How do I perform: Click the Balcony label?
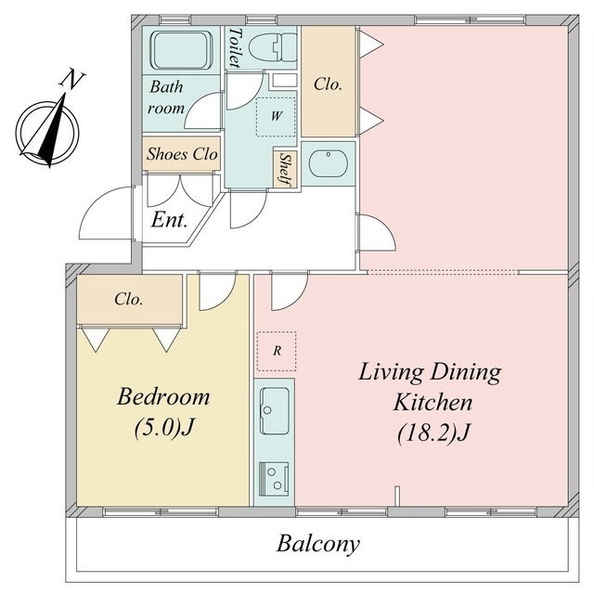[x=317, y=545]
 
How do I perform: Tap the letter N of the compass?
[x=71, y=79]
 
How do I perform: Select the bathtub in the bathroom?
[x=181, y=50]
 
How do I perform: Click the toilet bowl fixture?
[x=273, y=47]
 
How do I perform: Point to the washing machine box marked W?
[x=276, y=116]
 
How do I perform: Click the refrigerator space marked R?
[x=277, y=351]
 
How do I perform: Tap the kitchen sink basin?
[x=275, y=411]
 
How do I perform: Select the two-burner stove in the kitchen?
[x=274, y=479]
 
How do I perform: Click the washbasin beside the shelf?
[x=328, y=163]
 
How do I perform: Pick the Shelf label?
[x=286, y=169]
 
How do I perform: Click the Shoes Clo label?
[x=182, y=154]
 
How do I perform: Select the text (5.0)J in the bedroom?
[x=164, y=427]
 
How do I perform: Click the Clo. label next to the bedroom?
[x=129, y=299]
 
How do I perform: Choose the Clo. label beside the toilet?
[x=328, y=84]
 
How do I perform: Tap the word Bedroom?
[x=163, y=397]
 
